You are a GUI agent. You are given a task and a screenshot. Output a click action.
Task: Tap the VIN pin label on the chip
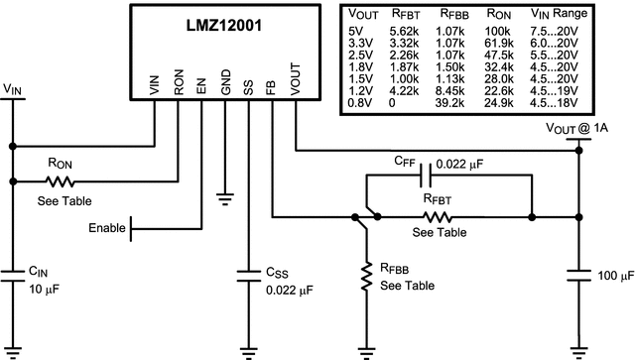(x=155, y=86)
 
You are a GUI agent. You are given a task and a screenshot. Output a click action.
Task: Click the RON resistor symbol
(x=62, y=181)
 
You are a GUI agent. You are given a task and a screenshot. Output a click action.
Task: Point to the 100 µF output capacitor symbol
(x=577, y=278)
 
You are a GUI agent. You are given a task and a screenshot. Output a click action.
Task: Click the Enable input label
(x=107, y=228)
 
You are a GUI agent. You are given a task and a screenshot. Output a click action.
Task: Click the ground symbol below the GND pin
(x=225, y=196)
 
